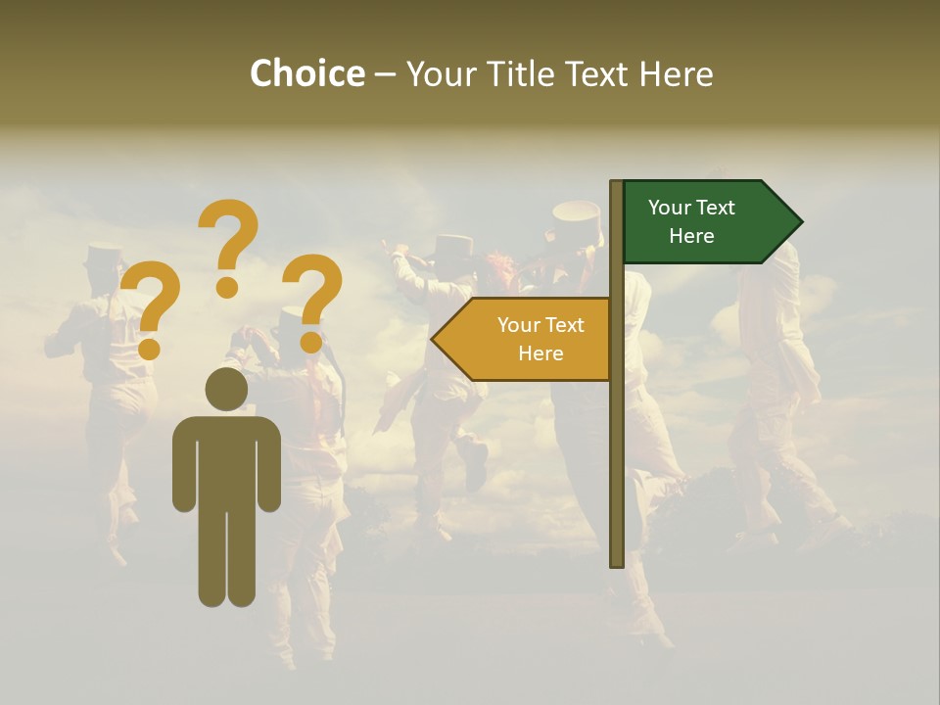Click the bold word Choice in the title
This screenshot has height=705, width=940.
(306, 73)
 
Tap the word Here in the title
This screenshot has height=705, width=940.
(676, 73)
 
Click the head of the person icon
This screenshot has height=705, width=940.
(226, 390)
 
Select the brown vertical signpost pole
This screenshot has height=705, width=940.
(617, 441)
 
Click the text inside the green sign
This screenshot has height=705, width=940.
(691, 221)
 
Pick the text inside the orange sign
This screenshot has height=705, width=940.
(540, 339)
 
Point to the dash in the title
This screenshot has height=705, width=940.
(385, 73)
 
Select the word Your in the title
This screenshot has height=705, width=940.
(439, 73)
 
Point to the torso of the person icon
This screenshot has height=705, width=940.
(226, 460)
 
